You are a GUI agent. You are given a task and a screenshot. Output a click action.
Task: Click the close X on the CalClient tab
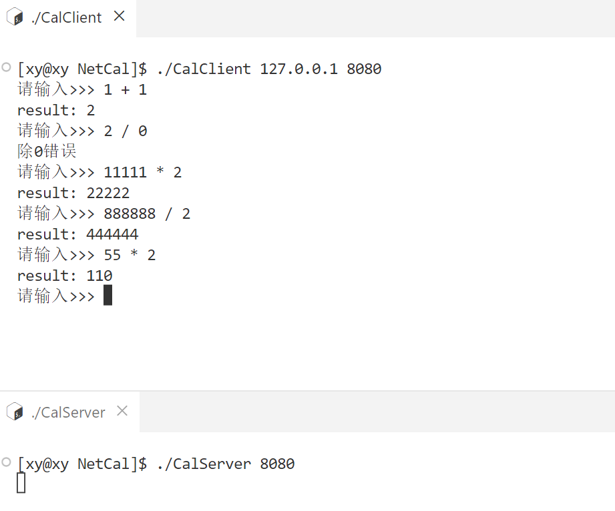[120, 17]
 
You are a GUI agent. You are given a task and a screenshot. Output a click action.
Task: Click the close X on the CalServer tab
[122, 412]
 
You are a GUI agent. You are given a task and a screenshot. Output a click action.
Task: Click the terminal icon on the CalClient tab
[14, 18]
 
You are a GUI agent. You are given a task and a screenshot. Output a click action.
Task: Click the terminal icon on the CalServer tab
[14, 412]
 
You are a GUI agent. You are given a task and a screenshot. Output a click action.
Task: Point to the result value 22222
[108, 193]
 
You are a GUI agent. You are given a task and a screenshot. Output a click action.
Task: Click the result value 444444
[112, 235]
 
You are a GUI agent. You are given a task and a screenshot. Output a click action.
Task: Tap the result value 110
[99, 276]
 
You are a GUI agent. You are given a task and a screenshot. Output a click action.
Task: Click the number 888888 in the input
[130, 214]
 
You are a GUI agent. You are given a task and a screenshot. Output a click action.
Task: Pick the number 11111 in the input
[125, 173]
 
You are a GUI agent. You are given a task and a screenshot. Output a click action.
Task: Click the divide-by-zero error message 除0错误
[47, 151]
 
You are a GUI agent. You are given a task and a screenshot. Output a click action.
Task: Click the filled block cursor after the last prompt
[108, 296]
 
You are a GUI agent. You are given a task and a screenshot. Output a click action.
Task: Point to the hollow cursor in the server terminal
[21, 482]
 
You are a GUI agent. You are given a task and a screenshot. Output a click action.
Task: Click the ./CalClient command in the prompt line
[204, 69]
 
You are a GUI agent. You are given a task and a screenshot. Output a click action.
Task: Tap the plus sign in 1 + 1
[125, 90]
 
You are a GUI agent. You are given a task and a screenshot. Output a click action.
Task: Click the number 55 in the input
[112, 255]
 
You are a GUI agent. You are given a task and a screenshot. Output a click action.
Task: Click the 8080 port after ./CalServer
[277, 464]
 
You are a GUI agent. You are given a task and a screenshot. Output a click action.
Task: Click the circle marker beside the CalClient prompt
[7, 67]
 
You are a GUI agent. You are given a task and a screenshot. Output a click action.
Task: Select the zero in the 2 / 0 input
[142, 131]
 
